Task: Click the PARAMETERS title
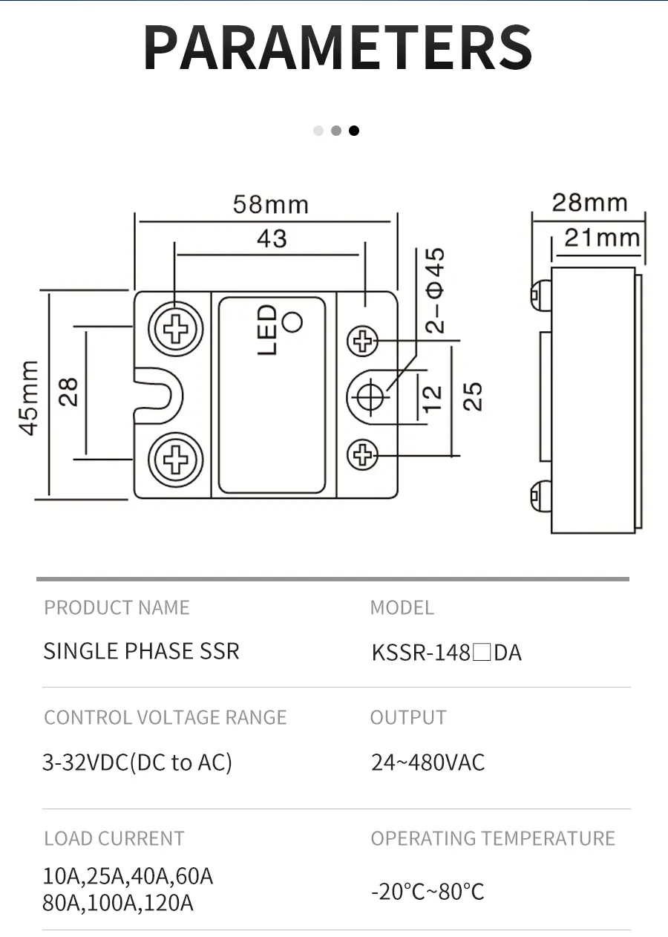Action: click(x=338, y=48)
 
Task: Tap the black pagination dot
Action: click(x=354, y=131)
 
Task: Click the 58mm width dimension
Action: click(x=270, y=204)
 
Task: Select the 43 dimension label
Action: click(x=272, y=238)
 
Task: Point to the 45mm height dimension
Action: click(x=29, y=397)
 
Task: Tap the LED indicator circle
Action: click(x=293, y=321)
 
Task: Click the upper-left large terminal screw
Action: click(x=176, y=329)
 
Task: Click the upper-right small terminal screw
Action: click(x=363, y=342)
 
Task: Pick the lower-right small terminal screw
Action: click(x=363, y=454)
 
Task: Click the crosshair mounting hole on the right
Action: click(x=369, y=397)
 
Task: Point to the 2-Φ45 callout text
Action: click(x=436, y=290)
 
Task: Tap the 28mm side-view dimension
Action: click(x=589, y=202)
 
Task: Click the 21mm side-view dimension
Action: click(x=601, y=238)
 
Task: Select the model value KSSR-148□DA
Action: click(x=446, y=653)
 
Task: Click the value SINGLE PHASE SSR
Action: click(x=141, y=651)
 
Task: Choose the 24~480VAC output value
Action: click(x=428, y=763)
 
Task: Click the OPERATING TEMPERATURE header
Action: click(x=493, y=838)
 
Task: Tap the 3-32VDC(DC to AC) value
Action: click(x=137, y=763)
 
